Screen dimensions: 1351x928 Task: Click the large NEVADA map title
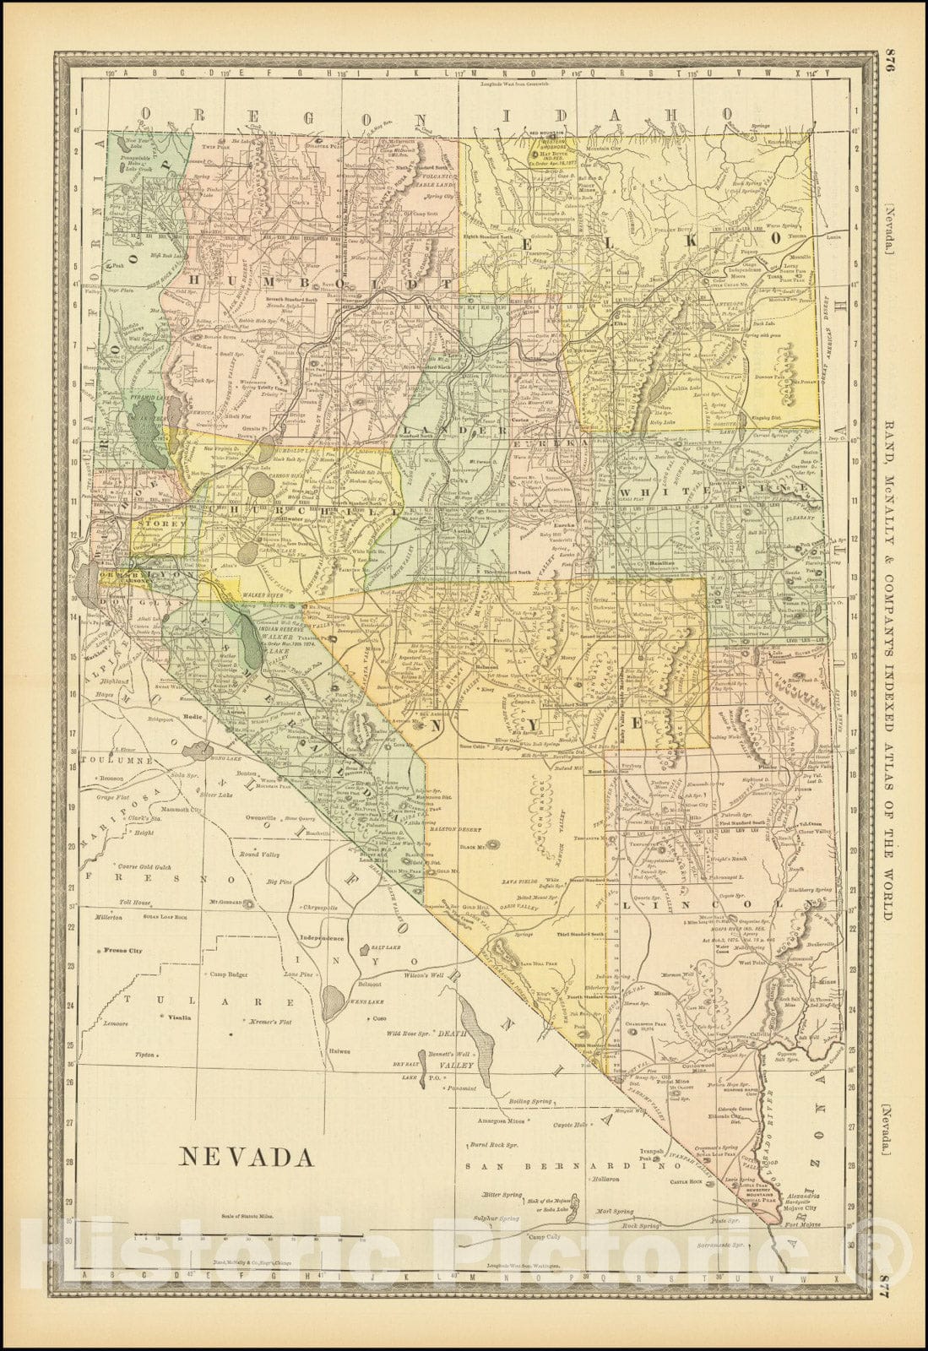tap(246, 1155)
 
